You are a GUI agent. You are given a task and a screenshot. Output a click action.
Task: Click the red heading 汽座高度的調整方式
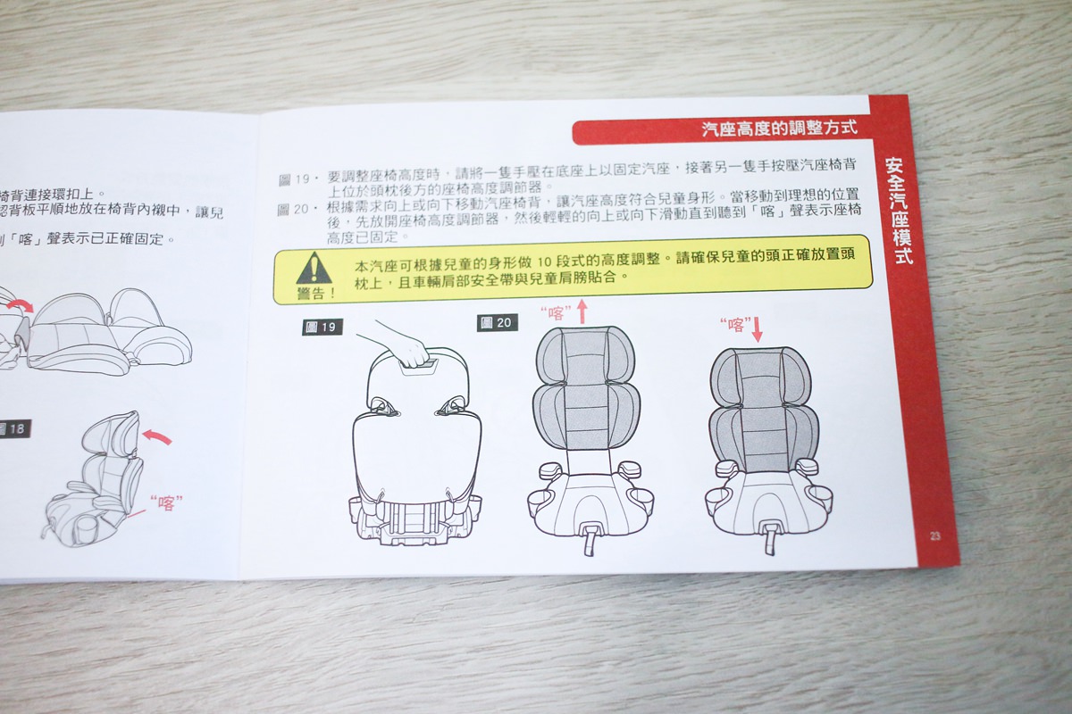coord(780,129)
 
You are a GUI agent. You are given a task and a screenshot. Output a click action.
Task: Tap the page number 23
coord(934,536)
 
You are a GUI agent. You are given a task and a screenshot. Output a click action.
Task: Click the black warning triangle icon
coord(314,269)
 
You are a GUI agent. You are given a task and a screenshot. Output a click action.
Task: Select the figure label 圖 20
coord(498,322)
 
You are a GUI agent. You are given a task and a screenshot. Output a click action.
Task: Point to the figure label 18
coord(13,428)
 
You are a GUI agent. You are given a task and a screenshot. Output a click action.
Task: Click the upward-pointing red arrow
coord(582,311)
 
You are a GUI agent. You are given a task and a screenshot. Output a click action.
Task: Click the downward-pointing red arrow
coord(758,330)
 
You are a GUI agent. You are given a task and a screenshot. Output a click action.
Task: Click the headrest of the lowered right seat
coord(759,378)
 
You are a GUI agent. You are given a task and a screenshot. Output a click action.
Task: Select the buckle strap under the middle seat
coord(590,540)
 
